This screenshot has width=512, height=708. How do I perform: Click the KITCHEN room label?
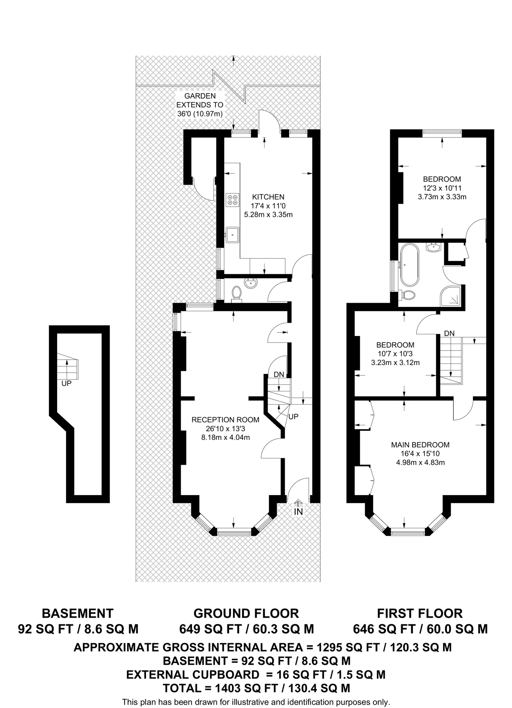click(x=268, y=197)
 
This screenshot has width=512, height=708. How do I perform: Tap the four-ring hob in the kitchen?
click(x=233, y=199)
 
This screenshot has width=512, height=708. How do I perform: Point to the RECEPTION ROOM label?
click(x=225, y=420)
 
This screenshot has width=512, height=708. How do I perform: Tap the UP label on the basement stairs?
click(x=66, y=383)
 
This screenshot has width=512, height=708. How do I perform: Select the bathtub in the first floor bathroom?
click(x=410, y=265)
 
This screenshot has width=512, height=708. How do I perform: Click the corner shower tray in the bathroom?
click(x=451, y=296)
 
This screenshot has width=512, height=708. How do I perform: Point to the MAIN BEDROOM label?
click(x=420, y=445)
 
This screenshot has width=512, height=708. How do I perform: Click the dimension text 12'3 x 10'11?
click(x=442, y=188)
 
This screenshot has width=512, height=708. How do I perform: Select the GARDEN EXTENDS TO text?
click(x=200, y=100)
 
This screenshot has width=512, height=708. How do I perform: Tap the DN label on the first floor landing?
click(x=449, y=334)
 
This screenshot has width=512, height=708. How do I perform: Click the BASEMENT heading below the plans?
click(x=78, y=613)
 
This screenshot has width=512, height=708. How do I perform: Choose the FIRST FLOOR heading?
click(x=420, y=613)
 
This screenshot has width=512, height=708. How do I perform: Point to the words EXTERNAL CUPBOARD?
click(x=192, y=674)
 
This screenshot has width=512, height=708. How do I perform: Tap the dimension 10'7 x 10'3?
click(x=395, y=354)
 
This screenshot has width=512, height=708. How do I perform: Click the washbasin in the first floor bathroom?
click(x=433, y=248)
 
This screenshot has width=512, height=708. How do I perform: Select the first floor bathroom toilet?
click(x=408, y=295)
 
